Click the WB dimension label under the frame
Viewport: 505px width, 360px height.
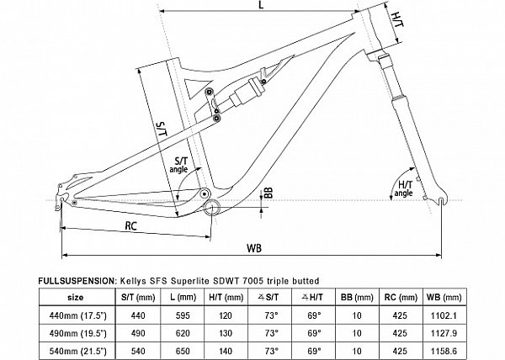tap(254, 248)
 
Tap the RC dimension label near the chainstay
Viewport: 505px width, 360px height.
tap(130, 226)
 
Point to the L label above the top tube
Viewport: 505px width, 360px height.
tap(261, 4)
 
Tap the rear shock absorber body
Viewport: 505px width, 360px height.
tap(247, 92)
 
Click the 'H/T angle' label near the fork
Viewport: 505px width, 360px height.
tap(403, 189)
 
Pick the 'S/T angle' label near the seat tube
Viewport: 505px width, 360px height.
tap(178, 165)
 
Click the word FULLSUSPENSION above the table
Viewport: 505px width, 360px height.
tap(77, 281)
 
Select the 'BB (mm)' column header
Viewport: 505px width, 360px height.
tap(357, 297)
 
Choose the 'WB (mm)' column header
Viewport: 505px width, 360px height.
tap(444, 297)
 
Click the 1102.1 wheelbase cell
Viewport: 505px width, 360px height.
tap(444, 315)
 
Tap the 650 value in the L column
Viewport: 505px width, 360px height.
tap(183, 351)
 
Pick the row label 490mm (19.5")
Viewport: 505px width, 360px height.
tap(77, 333)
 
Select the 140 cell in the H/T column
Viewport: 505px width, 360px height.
tap(226, 351)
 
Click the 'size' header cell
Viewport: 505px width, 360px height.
tap(76, 297)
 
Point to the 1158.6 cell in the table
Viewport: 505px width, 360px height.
tap(444, 351)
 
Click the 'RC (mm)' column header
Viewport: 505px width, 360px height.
tap(401, 297)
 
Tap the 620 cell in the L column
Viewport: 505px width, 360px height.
tap(183, 333)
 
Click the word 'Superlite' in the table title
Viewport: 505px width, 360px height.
tap(190, 281)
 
